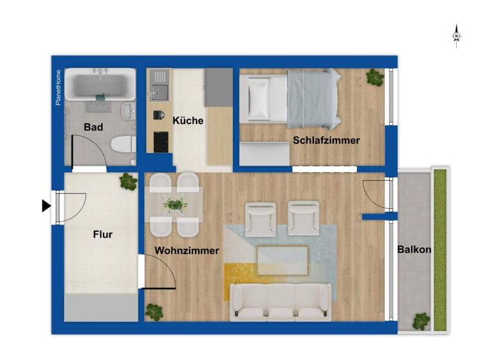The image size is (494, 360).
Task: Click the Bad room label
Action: pos(93,127)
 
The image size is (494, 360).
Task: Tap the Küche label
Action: pos(188,120)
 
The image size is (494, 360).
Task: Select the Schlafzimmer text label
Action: pos(326,140)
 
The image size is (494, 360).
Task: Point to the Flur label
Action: pos(103,235)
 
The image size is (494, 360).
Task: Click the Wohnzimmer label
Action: pos(187,251)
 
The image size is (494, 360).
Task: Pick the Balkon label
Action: pos(414,249)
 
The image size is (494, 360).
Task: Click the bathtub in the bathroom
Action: pos(100,84)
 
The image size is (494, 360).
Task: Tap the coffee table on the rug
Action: pos(282,260)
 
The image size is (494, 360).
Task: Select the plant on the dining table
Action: pos(174,205)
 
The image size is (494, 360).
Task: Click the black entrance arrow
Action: pos(46,206)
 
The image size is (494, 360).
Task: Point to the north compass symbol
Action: pos(456,36)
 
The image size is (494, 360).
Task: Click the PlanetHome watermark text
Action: pos(59,87)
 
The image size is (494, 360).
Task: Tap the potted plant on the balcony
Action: pos(421,320)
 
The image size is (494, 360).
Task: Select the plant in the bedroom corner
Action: pos(374,78)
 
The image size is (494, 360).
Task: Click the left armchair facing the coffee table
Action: pos(261,218)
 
